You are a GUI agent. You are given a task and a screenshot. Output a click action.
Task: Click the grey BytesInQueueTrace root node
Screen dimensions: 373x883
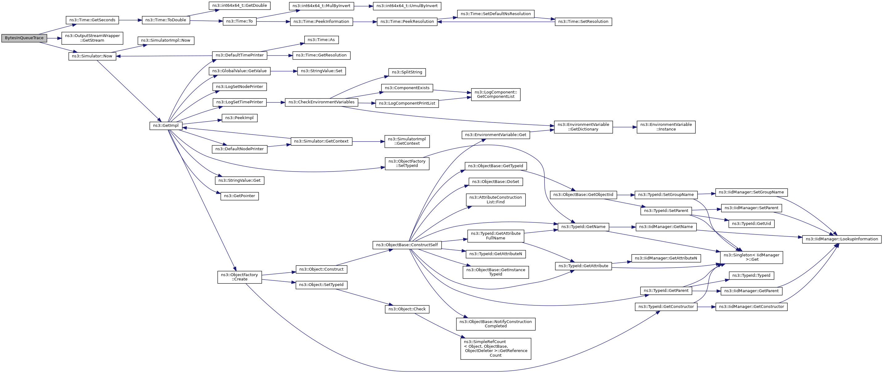click(x=24, y=38)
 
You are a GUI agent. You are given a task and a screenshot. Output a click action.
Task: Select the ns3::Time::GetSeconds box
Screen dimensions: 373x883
click(x=92, y=20)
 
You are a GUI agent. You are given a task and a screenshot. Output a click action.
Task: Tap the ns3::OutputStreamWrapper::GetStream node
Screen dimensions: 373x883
click(x=92, y=38)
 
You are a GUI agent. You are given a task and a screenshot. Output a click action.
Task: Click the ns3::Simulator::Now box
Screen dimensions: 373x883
click(x=92, y=56)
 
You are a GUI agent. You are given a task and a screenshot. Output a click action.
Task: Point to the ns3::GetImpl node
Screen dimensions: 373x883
click(x=166, y=126)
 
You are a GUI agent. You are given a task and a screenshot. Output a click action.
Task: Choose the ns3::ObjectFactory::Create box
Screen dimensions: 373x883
click(x=239, y=277)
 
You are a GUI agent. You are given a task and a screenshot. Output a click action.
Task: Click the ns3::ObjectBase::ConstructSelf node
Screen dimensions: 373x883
click(x=407, y=245)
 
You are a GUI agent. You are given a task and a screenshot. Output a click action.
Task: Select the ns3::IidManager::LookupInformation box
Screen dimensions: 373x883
click(x=842, y=239)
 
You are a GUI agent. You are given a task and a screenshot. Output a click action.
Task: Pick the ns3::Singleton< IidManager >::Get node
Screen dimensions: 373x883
click(x=752, y=257)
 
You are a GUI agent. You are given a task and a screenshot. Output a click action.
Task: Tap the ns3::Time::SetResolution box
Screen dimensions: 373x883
click(x=583, y=22)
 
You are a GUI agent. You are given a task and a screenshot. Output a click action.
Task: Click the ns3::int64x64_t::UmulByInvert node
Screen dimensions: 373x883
click(x=407, y=6)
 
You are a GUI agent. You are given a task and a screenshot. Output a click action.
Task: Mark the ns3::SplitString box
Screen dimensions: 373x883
click(x=407, y=72)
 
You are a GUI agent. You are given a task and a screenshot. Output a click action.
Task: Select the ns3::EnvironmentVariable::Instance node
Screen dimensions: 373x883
click(x=666, y=127)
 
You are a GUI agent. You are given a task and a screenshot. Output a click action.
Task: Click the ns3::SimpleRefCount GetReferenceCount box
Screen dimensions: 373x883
click(x=496, y=349)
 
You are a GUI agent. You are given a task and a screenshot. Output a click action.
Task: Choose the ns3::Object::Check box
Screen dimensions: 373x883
click(x=407, y=309)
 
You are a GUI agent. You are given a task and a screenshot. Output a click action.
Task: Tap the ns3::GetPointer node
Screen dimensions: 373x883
click(x=239, y=196)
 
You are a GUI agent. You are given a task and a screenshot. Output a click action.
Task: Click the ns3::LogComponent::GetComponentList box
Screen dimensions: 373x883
click(x=496, y=94)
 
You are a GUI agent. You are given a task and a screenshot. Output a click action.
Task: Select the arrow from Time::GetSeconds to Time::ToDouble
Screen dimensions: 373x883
click(x=130, y=20)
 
